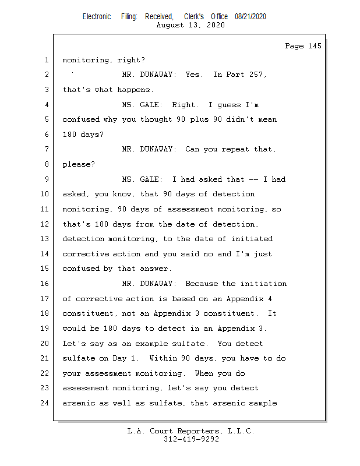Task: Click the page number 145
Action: coord(315,46)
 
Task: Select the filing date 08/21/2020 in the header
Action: coord(250,16)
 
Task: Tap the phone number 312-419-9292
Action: coord(191,439)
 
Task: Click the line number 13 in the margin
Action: coord(44,239)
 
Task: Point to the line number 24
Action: coord(44,403)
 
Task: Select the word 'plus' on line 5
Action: coord(199,120)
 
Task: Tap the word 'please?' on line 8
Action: coord(79,165)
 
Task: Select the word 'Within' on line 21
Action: coord(163,358)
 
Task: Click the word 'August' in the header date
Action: coord(170,25)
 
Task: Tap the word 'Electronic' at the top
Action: coord(97,16)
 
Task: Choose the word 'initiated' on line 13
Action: coord(252,239)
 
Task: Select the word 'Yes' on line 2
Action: coord(194,75)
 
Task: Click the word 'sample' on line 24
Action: coord(263,403)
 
